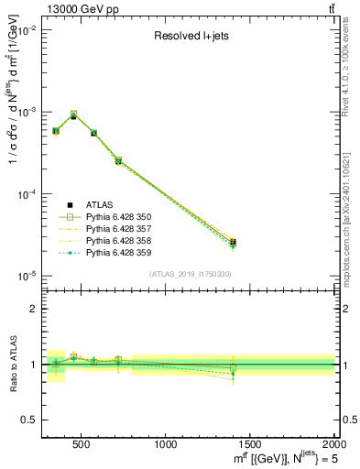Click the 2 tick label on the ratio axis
point(31,309)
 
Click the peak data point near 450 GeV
point(73,115)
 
